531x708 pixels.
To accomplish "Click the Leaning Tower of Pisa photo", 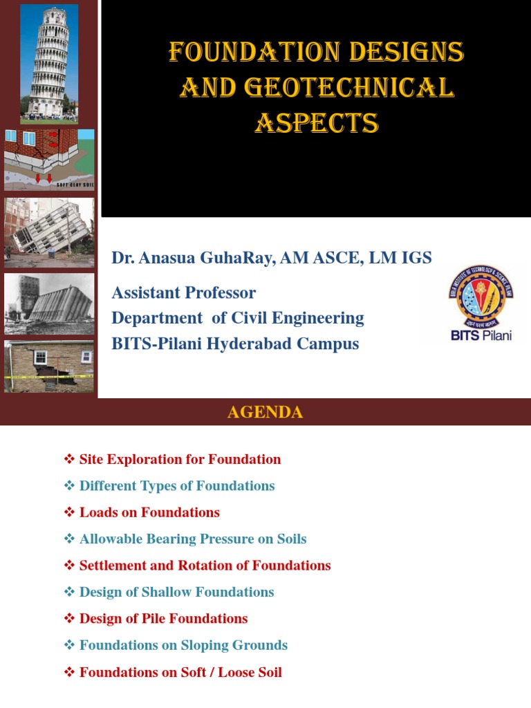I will (49, 63).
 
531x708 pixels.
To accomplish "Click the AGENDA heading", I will (265, 413).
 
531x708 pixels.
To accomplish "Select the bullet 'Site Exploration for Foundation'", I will (180, 459).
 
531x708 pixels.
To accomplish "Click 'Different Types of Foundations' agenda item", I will (176, 486).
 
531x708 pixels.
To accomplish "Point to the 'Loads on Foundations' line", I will (149, 512).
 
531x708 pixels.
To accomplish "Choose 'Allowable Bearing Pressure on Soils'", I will (192, 539).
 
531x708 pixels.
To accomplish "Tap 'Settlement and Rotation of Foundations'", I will (205, 566).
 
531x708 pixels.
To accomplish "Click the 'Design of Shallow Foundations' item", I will (176, 592).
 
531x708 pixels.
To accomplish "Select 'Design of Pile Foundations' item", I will (163, 619).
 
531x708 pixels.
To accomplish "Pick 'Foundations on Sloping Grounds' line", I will (183, 645).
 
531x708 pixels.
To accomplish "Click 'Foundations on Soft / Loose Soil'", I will (180, 672).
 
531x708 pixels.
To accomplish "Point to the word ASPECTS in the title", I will (317, 124).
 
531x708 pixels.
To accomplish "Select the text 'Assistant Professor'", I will (184, 292).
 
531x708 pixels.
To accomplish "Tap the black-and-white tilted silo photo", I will (49, 304).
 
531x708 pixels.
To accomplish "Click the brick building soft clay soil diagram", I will (49, 160).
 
